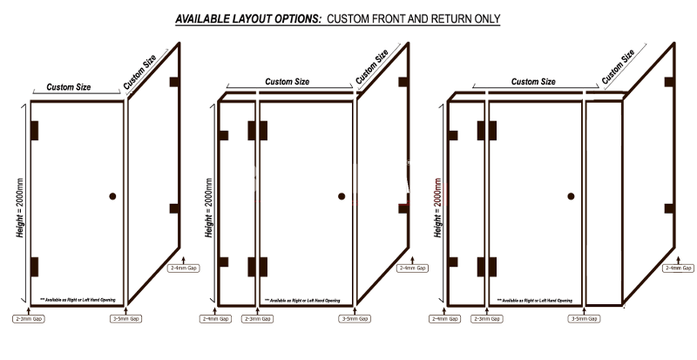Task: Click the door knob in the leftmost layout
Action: [x=112, y=197]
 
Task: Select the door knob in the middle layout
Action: [x=341, y=197]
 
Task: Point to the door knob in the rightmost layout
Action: [x=572, y=197]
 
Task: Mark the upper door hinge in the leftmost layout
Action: [x=35, y=131]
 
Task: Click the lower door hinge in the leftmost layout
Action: [x=35, y=267]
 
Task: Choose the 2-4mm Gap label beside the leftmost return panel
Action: [x=184, y=268]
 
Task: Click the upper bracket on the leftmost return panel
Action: [x=174, y=82]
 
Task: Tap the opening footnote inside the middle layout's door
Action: [x=305, y=299]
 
